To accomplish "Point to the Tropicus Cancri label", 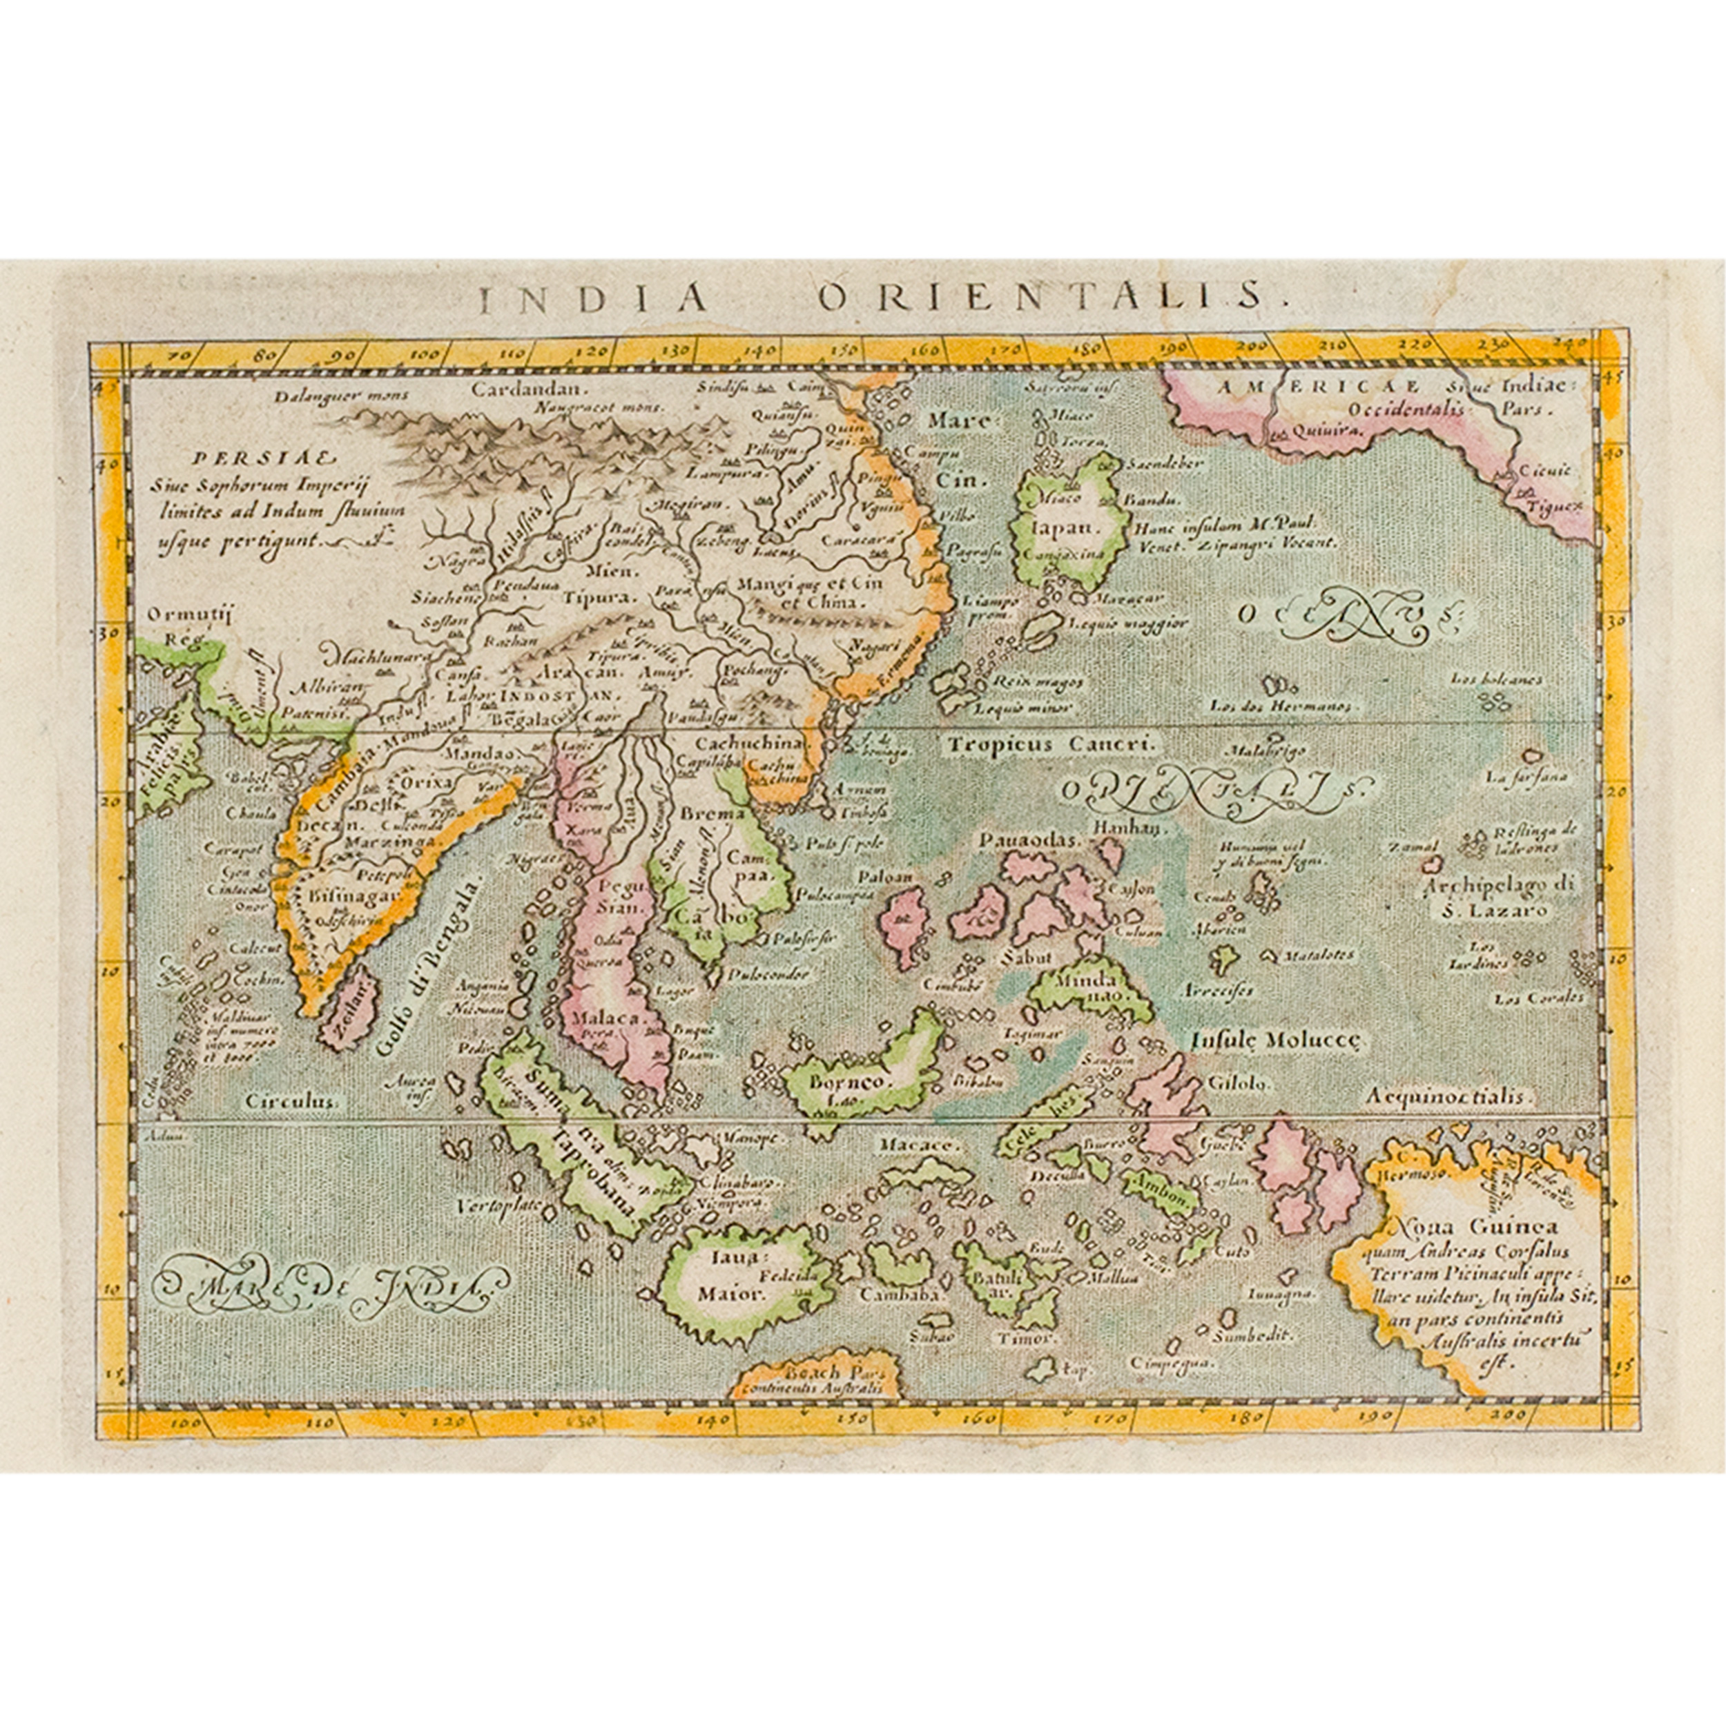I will point(1052,742).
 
